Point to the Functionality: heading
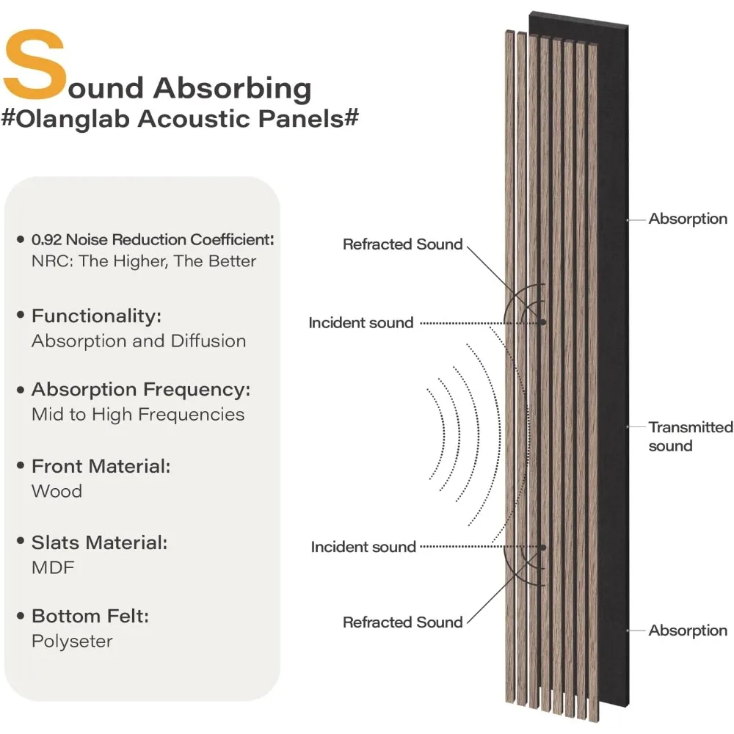pyautogui.click(x=96, y=316)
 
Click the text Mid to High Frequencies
pyautogui.click(x=137, y=414)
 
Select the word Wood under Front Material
pyautogui.click(x=57, y=491)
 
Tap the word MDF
pyautogui.click(x=53, y=567)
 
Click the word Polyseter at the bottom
pyautogui.click(x=72, y=641)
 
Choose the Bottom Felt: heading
pyautogui.click(x=90, y=616)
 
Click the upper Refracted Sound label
pyautogui.click(x=403, y=244)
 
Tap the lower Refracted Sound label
pyautogui.click(x=403, y=622)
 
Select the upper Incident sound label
pyautogui.click(x=360, y=322)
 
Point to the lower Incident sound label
pyautogui.click(x=363, y=547)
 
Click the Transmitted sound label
pyautogui.click(x=690, y=436)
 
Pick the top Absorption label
pyautogui.click(x=688, y=219)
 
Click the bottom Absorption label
pyautogui.click(x=688, y=630)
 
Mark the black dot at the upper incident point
pyautogui.click(x=542, y=321)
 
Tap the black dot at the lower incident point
pyautogui.click(x=543, y=547)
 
